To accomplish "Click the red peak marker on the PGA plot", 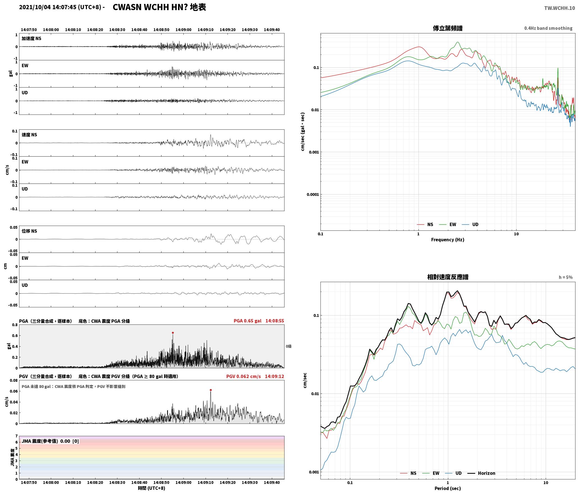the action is pos(173,333).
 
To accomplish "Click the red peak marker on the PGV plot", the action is pos(211,390).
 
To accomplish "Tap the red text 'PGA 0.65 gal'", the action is pos(247,321).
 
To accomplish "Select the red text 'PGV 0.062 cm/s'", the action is pos(244,376).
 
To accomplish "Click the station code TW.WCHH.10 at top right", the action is pos(559,8).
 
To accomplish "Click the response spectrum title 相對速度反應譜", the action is pos(448,277).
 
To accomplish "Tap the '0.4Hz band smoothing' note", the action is pos(548,28).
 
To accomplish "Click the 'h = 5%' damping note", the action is pos(566,277).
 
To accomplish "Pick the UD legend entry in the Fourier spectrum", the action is pos(470,225).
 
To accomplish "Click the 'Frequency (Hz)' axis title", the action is pos(448,240).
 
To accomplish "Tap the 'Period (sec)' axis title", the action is pos(448,488).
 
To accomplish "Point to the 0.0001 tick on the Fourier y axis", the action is pos(312,195).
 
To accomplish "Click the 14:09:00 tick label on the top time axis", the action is pos(183,30).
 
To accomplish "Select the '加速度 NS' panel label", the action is pos(31,38).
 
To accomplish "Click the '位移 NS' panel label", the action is pos(29,231).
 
